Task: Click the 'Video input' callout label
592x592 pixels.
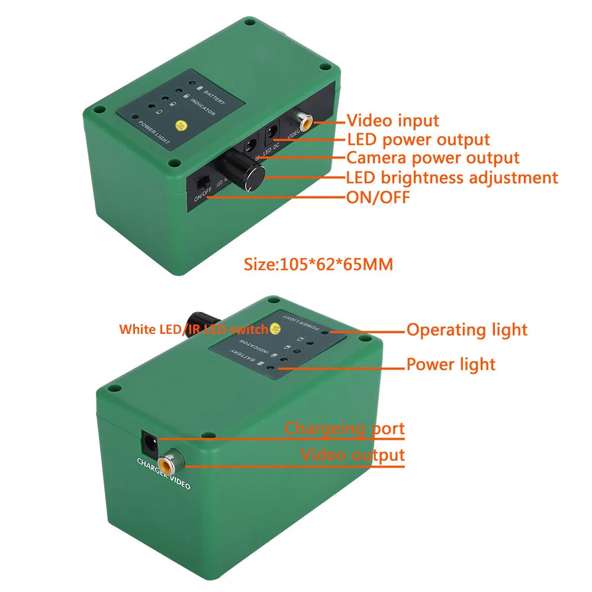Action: click(x=392, y=121)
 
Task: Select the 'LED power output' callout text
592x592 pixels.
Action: click(x=418, y=140)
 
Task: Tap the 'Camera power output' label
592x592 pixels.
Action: click(x=433, y=158)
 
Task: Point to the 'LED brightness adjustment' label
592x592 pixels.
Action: click(x=452, y=178)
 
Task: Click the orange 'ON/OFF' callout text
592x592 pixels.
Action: click(x=378, y=197)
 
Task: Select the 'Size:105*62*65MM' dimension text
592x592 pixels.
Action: click(x=318, y=264)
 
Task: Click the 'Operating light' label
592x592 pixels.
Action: click(x=466, y=330)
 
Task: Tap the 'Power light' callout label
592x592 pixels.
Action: click(x=451, y=364)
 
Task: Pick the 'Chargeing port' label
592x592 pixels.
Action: click(x=345, y=428)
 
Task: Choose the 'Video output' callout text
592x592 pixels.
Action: click(x=353, y=455)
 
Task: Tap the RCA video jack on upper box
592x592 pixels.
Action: click(x=305, y=123)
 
